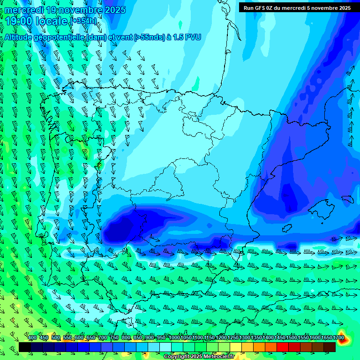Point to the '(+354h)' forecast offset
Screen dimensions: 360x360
click(83, 21)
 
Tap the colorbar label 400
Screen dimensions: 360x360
click(32, 337)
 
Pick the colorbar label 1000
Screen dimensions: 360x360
click(174, 337)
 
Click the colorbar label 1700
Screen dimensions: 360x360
click(338, 337)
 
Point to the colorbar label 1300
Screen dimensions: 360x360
click(245, 337)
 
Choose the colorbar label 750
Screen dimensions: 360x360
click(114, 337)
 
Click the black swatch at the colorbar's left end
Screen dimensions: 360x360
click(24, 347)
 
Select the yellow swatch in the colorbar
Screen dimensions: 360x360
click(236, 347)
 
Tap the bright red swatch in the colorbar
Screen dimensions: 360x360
click(283, 347)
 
